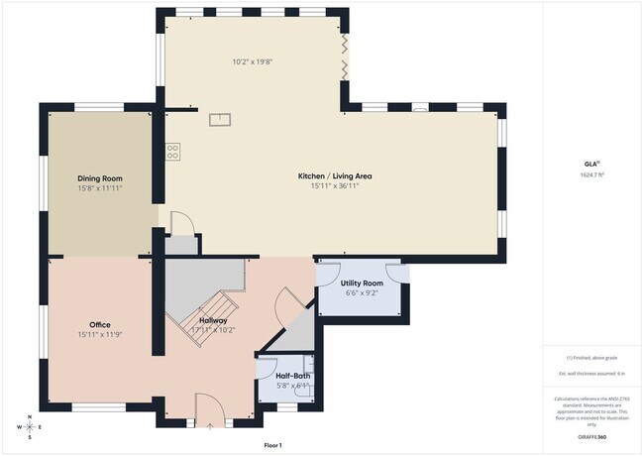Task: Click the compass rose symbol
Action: (30, 426)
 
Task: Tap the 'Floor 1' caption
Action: (272, 446)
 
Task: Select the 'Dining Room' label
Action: (99, 178)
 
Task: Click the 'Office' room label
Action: (99, 325)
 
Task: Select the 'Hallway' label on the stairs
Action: (213, 320)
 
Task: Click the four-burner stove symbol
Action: (173, 152)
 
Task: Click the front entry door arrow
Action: (210, 426)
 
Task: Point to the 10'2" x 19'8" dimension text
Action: (253, 61)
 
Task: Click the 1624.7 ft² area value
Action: (593, 174)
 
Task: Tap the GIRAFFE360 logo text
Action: (593, 437)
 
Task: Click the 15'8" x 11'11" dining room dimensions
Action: (99, 187)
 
